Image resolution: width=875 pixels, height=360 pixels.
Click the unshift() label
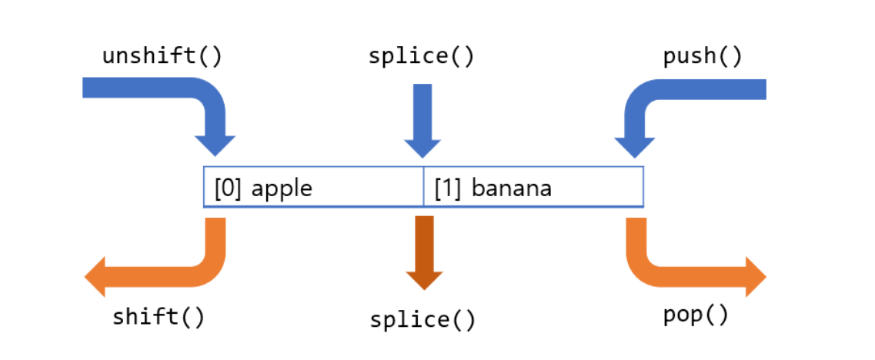point(162,57)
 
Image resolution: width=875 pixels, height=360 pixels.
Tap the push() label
point(703,57)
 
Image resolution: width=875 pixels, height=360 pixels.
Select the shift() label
point(159,315)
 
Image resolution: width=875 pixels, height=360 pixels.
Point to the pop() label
point(696,315)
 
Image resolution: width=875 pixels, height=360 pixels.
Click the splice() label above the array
point(422,57)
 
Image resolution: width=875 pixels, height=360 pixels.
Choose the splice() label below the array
point(422,319)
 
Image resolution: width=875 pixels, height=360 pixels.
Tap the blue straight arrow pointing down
point(422,115)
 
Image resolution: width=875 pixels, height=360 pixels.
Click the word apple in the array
point(282,188)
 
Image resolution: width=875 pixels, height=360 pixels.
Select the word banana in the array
point(511,188)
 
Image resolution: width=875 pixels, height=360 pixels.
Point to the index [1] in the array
point(448,188)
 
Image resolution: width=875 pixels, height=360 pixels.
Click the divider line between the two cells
point(423,187)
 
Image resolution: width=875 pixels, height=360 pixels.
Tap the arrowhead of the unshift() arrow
point(215,145)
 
